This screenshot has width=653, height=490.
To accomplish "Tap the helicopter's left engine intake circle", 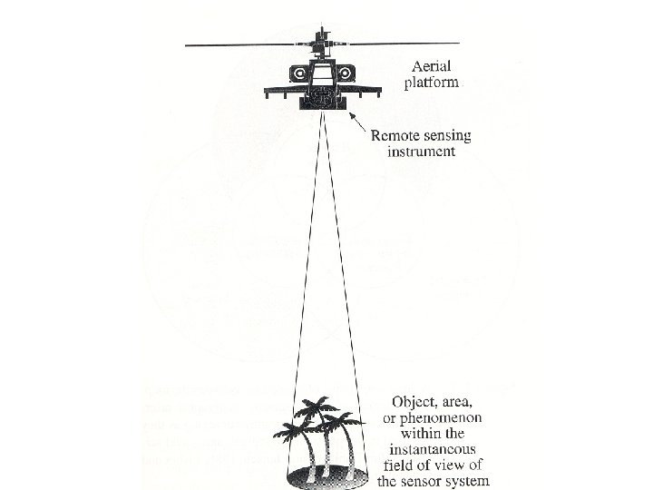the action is (x=297, y=73).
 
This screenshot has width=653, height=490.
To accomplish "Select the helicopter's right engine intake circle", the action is (x=346, y=73).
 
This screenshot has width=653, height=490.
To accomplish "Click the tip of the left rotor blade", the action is (x=187, y=44).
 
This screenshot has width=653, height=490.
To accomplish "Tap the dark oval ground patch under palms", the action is (x=322, y=474).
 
